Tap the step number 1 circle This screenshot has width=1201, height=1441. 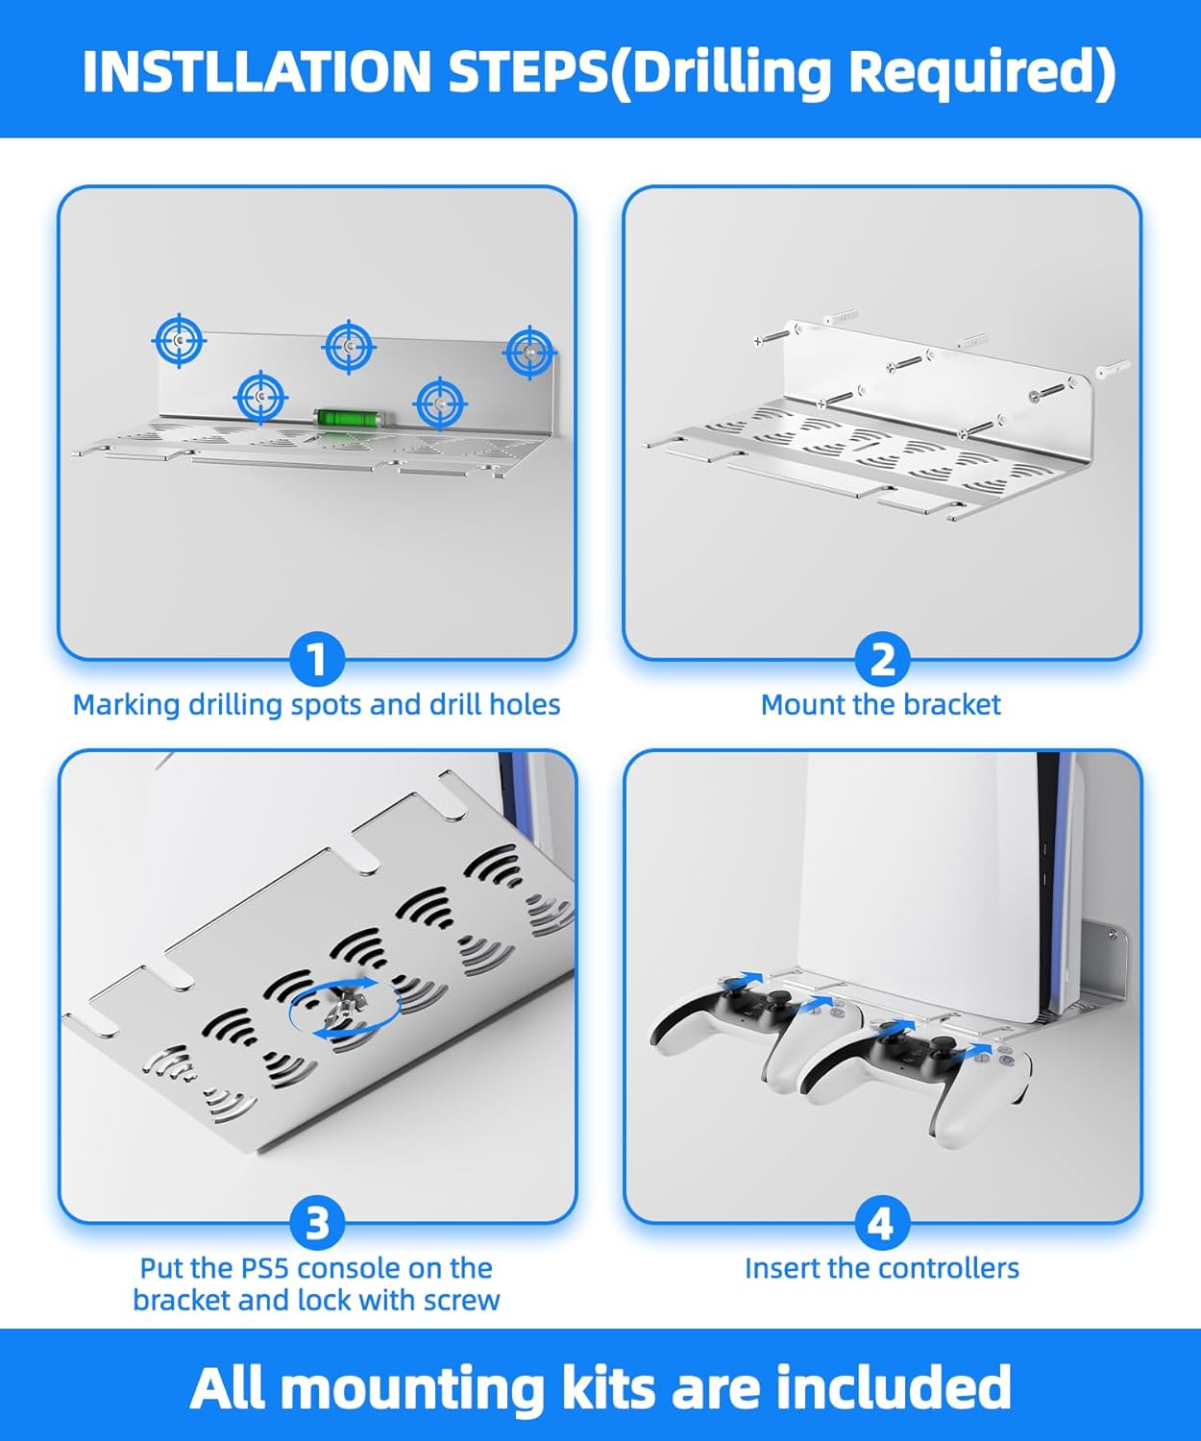(x=317, y=660)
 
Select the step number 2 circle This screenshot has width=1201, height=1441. (x=882, y=660)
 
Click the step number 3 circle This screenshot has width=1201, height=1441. (x=317, y=1224)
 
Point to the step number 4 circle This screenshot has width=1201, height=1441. (x=882, y=1224)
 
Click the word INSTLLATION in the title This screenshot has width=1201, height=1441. (x=257, y=72)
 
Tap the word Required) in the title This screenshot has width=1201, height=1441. (x=982, y=73)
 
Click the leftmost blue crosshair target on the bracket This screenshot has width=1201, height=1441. (x=179, y=340)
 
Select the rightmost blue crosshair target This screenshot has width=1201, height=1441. (x=529, y=352)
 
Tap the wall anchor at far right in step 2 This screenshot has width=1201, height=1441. (x=1113, y=369)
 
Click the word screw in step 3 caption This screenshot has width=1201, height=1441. (x=462, y=1301)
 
